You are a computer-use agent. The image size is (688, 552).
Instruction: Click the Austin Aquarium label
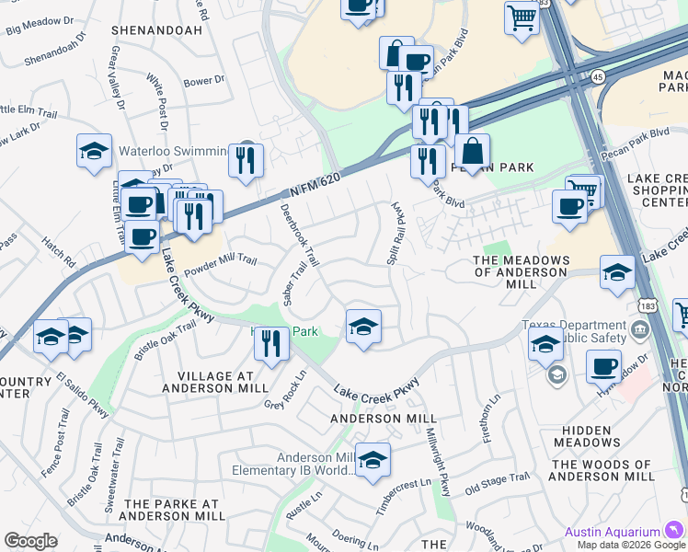612,532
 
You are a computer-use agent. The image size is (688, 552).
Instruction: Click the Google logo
30,541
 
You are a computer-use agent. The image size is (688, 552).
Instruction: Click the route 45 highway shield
598,76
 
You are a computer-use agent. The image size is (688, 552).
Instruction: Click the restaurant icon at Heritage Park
271,344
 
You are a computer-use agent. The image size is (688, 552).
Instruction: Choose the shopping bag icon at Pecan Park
472,152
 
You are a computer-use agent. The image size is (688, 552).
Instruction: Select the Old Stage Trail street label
498,480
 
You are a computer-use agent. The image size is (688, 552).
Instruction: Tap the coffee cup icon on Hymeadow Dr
603,365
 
